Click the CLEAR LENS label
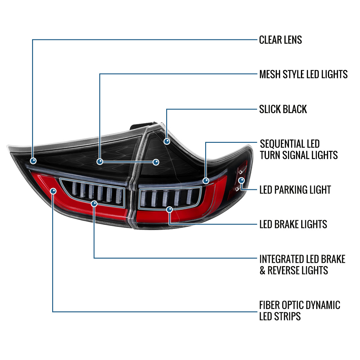(x=280, y=40)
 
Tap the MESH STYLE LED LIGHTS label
(x=303, y=74)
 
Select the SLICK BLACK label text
(x=283, y=109)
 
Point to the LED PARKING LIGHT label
(x=295, y=190)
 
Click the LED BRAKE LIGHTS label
(x=293, y=224)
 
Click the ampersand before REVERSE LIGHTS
(x=262, y=270)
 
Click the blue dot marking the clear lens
(x=33, y=161)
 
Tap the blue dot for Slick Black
(x=167, y=141)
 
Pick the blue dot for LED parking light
(x=241, y=180)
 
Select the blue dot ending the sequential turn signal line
(x=206, y=181)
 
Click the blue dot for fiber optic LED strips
(x=53, y=191)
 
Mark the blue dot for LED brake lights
(x=169, y=209)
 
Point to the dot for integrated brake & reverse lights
(x=94, y=204)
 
